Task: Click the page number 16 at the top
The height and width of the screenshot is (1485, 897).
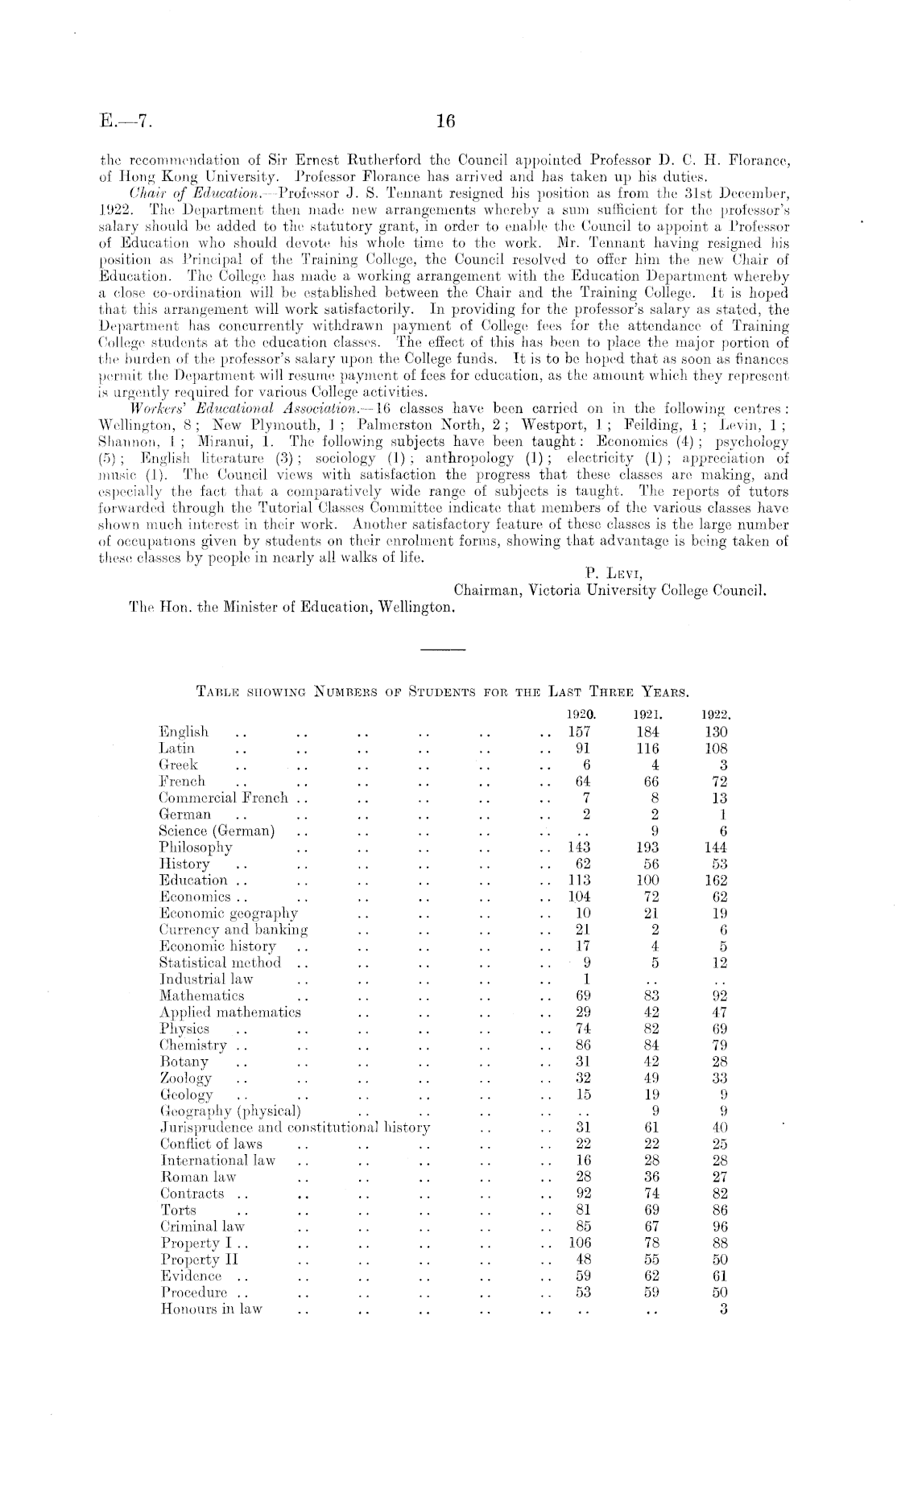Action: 445,122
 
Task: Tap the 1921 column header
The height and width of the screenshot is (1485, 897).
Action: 647,713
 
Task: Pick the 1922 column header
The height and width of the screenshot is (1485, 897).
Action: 715,713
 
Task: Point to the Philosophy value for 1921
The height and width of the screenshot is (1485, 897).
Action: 647,847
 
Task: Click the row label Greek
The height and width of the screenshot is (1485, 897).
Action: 179,765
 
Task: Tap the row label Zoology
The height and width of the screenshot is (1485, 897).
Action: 186,1078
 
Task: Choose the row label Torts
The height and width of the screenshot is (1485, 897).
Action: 179,1210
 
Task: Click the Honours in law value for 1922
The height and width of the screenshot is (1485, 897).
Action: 722,1309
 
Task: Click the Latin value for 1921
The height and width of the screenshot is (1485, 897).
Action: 647,749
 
